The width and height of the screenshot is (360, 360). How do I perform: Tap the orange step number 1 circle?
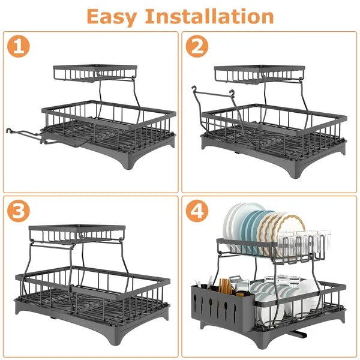[20, 46]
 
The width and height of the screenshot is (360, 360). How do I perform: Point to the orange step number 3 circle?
[20, 211]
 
